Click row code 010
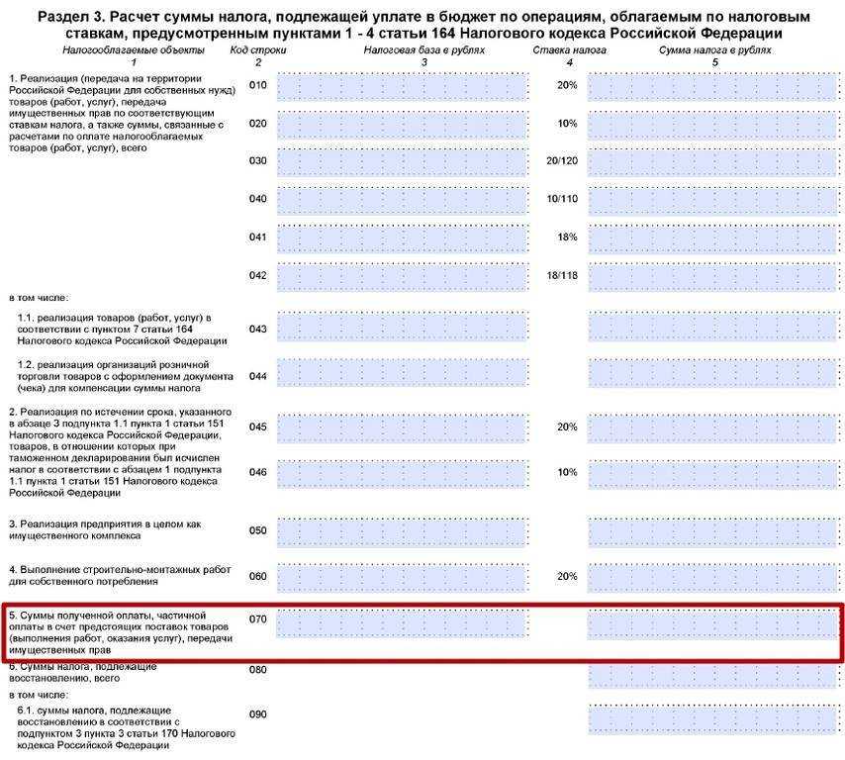[x=258, y=86]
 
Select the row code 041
[x=258, y=237]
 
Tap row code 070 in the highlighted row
[x=258, y=620]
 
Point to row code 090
[x=258, y=714]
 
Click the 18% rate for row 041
[x=567, y=237]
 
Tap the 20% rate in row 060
[x=567, y=576]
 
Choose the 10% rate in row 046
[x=567, y=472]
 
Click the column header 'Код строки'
[x=258, y=50]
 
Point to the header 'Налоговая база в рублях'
[x=423, y=50]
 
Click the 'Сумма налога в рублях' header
[x=715, y=50]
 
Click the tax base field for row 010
[x=401, y=87]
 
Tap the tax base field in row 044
[x=401, y=374]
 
